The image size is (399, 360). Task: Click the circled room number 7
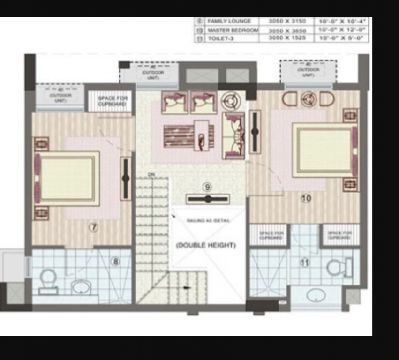click(93, 227)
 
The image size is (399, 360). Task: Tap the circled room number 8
click(115, 262)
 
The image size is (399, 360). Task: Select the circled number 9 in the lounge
click(207, 187)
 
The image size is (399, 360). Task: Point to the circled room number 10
click(306, 198)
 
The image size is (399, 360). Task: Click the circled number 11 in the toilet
click(305, 263)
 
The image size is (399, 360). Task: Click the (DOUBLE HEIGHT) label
click(206, 245)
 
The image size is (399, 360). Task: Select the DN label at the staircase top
click(151, 175)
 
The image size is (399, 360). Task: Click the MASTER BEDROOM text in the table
click(233, 30)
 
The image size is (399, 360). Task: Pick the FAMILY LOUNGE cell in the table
click(229, 21)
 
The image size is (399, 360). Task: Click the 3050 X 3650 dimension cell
click(286, 30)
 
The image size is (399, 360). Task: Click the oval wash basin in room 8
click(81, 286)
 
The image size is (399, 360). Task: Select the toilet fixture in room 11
click(339, 268)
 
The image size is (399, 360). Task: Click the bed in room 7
click(68, 178)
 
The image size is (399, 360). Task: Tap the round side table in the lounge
click(231, 100)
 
